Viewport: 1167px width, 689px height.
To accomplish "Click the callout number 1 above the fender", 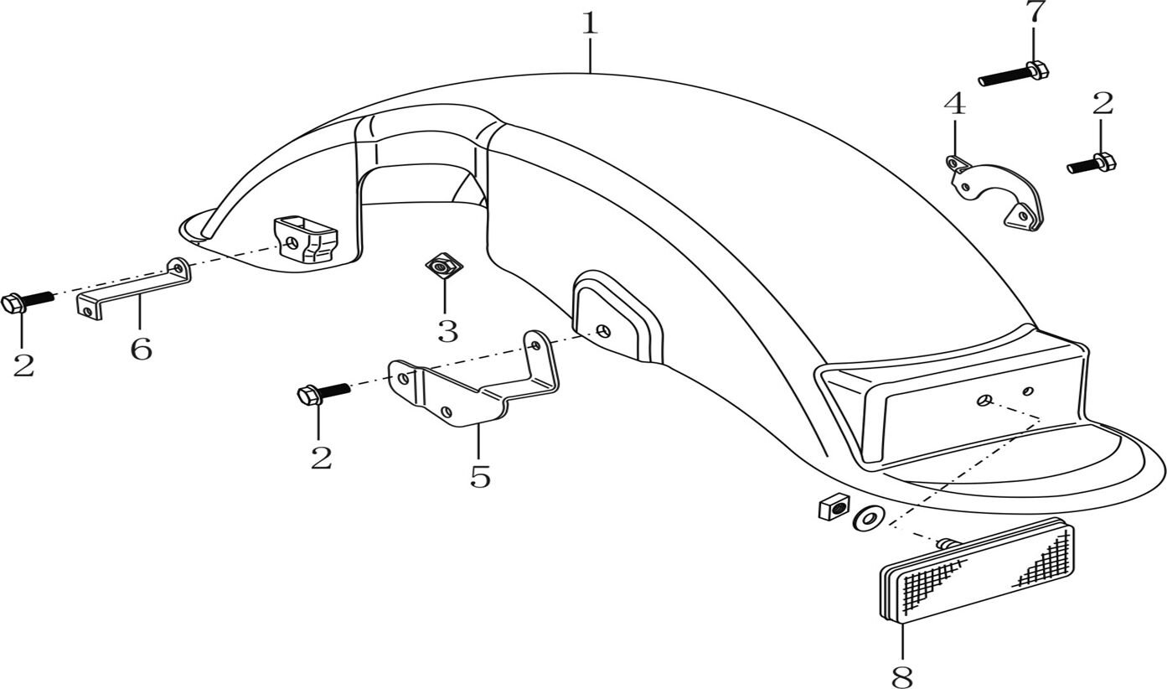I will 590,23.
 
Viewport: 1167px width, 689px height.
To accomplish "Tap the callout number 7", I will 1035,13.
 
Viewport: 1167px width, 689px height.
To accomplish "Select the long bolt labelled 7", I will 1013,75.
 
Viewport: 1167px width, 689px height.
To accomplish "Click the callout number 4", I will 954,105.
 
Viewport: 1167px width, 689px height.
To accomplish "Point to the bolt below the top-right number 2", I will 1091,163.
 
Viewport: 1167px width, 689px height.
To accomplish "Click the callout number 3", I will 447,331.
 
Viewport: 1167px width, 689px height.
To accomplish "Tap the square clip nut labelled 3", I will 444,267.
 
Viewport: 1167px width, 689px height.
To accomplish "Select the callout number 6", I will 141,348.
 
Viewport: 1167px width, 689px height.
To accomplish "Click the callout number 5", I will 480,476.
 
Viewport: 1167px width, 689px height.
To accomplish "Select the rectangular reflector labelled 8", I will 976,571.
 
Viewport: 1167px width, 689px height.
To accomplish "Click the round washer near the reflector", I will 866,520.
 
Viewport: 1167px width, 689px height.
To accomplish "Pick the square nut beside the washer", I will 833,507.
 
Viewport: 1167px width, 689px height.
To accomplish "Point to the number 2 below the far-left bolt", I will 23,365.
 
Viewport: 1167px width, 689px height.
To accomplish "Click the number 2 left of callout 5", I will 321,458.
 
